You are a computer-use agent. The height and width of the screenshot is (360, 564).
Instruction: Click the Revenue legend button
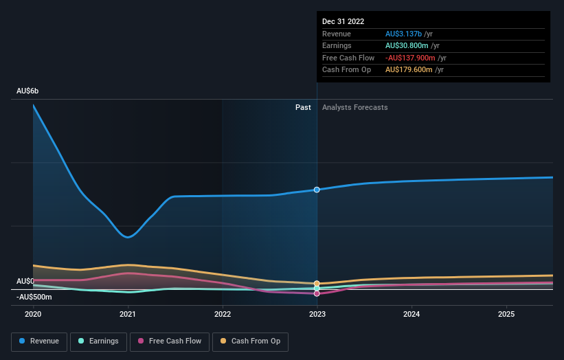pyautogui.click(x=39, y=341)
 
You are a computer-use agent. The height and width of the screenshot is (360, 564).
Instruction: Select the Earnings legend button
pyautogui.click(x=98, y=341)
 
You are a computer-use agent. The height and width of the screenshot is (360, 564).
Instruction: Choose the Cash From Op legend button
pyautogui.click(x=250, y=341)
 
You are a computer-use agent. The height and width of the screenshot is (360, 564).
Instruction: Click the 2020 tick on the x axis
pyautogui.click(x=33, y=314)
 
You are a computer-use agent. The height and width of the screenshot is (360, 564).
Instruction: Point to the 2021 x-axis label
pyautogui.click(x=128, y=314)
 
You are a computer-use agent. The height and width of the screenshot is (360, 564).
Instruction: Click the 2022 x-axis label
pyautogui.click(x=223, y=314)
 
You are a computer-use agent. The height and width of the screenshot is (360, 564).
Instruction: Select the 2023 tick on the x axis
pyautogui.click(x=317, y=314)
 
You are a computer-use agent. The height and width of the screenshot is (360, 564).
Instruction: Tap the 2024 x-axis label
pyautogui.click(x=411, y=314)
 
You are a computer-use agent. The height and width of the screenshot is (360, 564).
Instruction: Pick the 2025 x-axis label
pyautogui.click(x=506, y=314)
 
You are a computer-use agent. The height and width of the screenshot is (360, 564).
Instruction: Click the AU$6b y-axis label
pyautogui.click(x=28, y=91)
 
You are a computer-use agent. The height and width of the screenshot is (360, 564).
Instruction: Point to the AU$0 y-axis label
pyautogui.click(x=25, y=282)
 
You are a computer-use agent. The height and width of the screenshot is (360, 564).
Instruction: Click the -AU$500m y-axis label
pyautogui.click(x=34, y=297)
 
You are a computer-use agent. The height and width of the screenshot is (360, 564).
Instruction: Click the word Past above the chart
pyautogui.click(x=303, y=107)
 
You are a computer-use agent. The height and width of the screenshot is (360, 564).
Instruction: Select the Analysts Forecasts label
pyautogui.click(x=354, y=107)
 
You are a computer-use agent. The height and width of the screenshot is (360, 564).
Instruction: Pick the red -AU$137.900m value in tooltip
pyautogui.click(x=411, y=58)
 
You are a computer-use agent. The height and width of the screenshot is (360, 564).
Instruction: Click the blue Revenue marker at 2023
pyautogui.click(x=317, y=190)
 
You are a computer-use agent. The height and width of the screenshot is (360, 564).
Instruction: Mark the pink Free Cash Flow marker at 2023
pyautogui.click(x=317, y=293)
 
